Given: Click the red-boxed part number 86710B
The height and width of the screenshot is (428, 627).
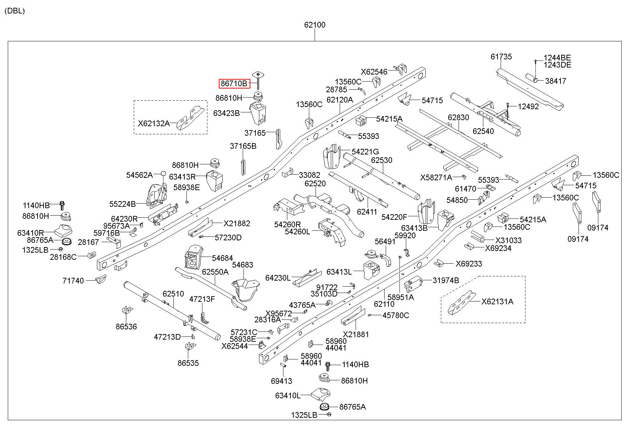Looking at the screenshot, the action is point(234,84).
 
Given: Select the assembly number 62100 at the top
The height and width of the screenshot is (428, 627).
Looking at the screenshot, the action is point(315,25).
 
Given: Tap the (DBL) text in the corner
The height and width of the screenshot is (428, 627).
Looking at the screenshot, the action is point(15,11).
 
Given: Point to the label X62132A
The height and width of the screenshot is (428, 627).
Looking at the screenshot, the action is point(154,123).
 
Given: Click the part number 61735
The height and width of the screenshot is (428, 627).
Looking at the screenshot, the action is point(501,57).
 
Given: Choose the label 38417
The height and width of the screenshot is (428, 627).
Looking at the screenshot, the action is point(556,81).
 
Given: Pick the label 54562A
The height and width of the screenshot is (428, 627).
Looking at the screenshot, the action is point(139,175).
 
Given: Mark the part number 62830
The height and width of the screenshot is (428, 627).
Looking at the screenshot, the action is point(458,117).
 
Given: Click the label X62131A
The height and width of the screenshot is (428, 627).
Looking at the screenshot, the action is point(497,301).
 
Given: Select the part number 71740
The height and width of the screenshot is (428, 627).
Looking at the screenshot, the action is point(73,281).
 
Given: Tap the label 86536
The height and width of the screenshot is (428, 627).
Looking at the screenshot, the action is point(126,327).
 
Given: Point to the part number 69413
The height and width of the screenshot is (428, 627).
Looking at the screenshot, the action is point(282,381).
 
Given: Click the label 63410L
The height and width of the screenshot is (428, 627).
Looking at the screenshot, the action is point(288,395).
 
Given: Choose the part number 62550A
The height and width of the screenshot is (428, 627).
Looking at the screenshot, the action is point(215,272).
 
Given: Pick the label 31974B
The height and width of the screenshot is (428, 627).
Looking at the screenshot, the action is point(446,280).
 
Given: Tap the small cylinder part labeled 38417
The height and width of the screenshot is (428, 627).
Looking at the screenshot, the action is point(531,78).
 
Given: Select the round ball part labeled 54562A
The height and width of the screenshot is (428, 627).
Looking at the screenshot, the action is point(163,173).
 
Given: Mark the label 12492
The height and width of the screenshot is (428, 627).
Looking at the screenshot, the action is point(528,106).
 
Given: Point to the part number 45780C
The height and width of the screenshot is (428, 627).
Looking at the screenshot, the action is point(396,315).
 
